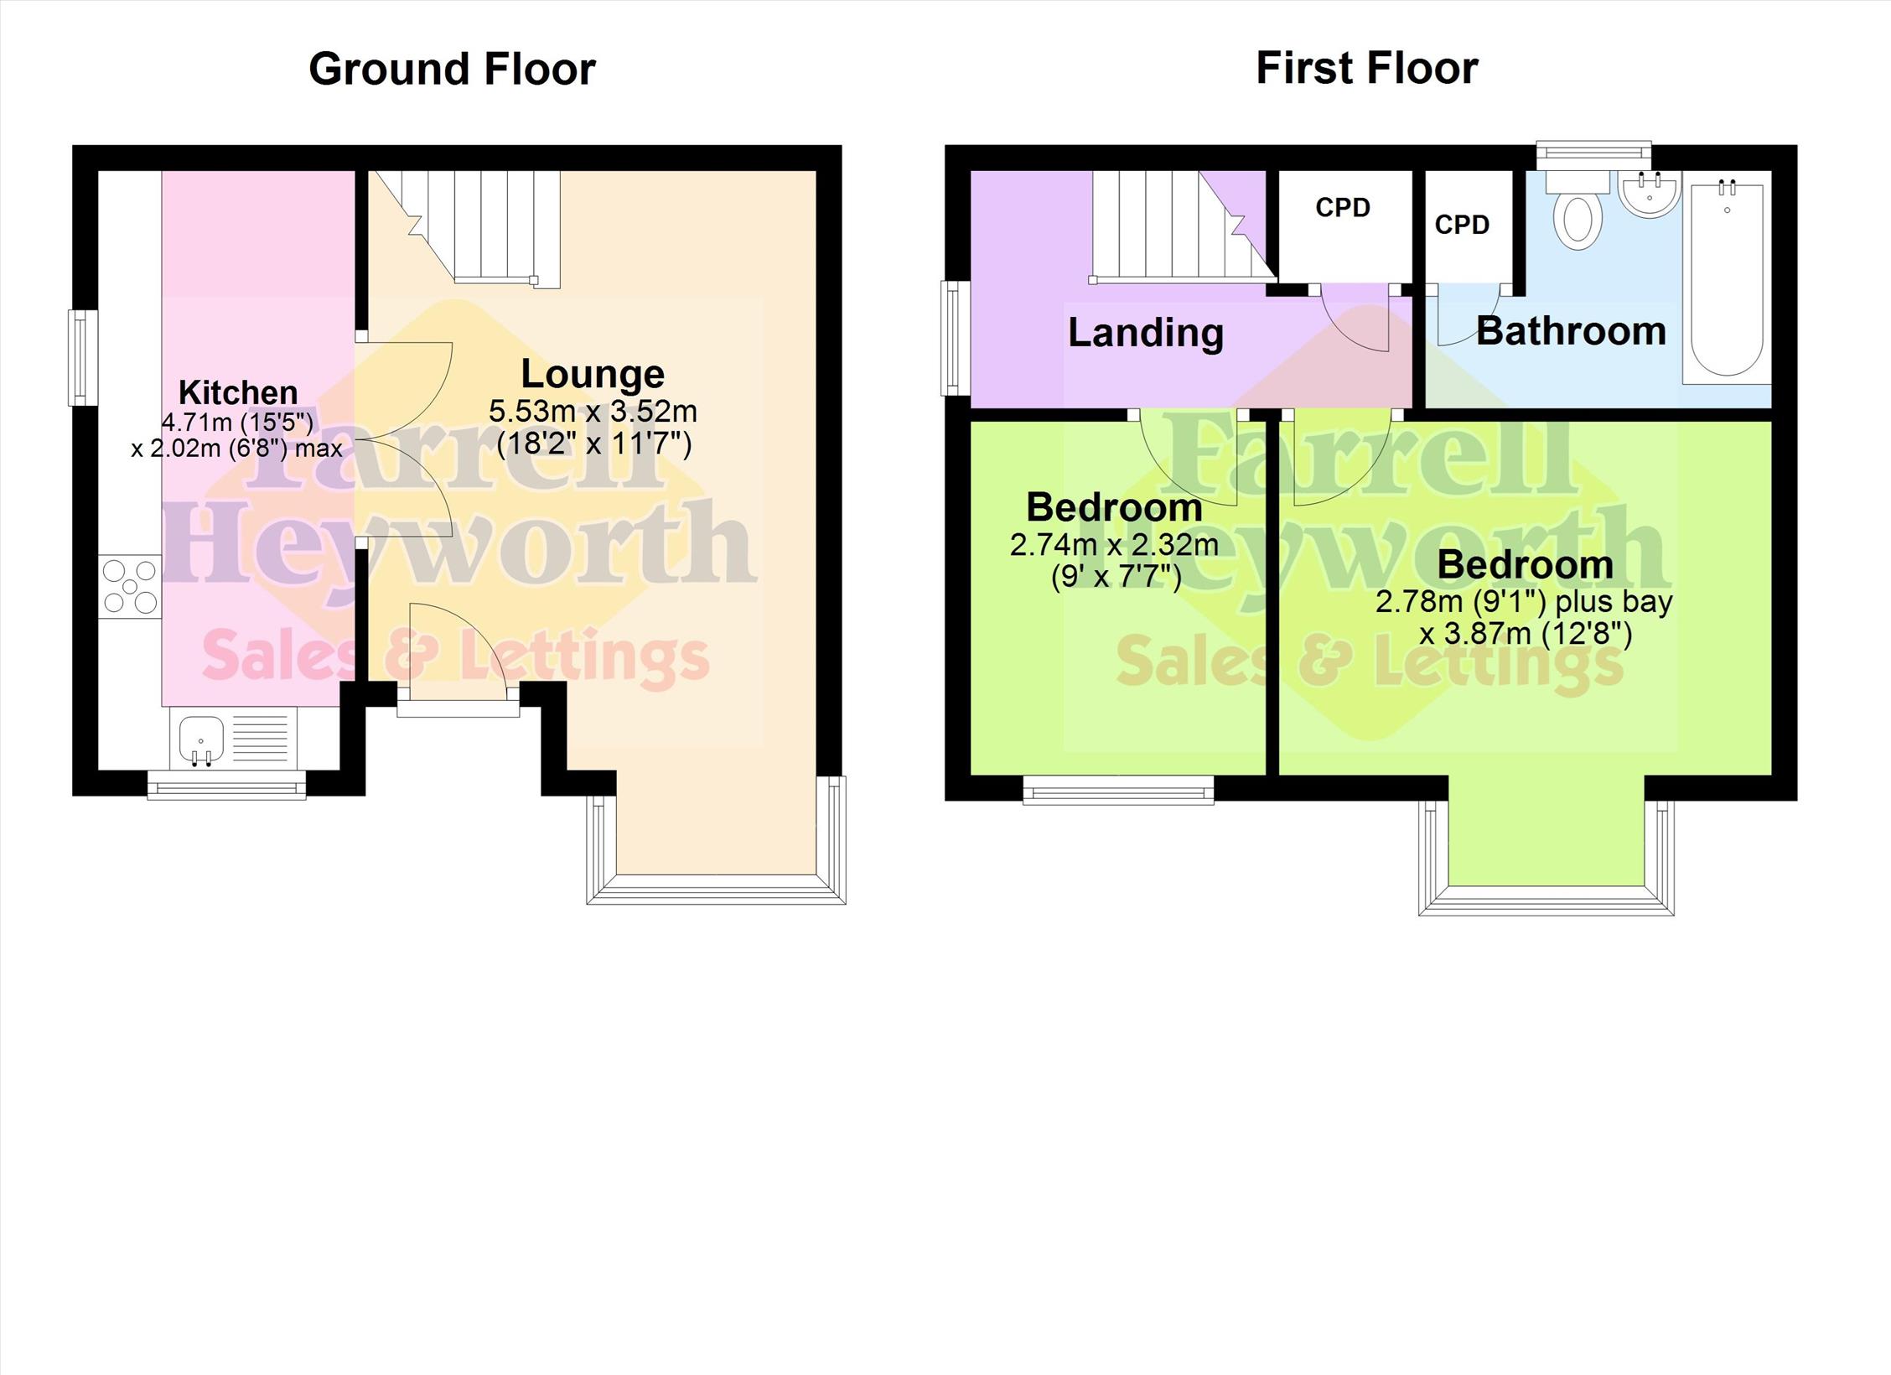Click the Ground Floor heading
pos(452,69)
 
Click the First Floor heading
pos(1367,68)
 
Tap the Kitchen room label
pos(238,392)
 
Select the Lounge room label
pos(593,373)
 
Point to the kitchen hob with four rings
pos(130,587)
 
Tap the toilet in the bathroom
pos(1577,210)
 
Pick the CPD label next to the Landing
pos(1343,207)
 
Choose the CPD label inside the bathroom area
pos(1462,225)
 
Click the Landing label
pos(1146,333)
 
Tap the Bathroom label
pos(1572,331)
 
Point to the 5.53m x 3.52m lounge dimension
pos(593,412)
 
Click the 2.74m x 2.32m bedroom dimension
pos(1114,546)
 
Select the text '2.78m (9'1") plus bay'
pos(1524,602)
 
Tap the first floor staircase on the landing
pos(1184,226)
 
